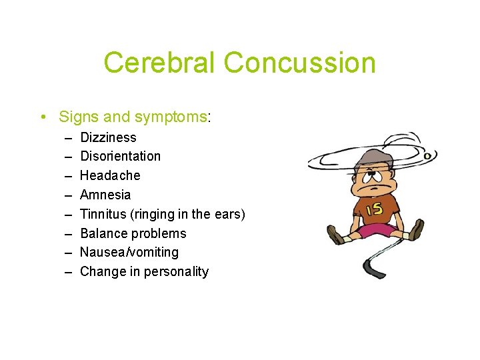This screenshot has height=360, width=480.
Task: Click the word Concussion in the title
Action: click(x=299, y=63)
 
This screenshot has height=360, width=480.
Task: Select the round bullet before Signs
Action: click(x=43, y=117)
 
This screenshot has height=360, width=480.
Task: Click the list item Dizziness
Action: click(x=108, y=137)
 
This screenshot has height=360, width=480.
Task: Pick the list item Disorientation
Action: click(x=120, y=156)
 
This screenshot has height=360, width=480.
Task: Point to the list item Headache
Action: click(x=110, y=175)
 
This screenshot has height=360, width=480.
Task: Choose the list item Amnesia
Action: click(x=105, y=195)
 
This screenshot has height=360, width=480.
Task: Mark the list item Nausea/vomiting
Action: click(x=129, y=252)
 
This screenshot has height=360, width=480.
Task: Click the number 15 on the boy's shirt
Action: click(x=374, y=209)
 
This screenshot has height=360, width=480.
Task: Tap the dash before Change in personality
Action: click(x=69, y=271)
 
